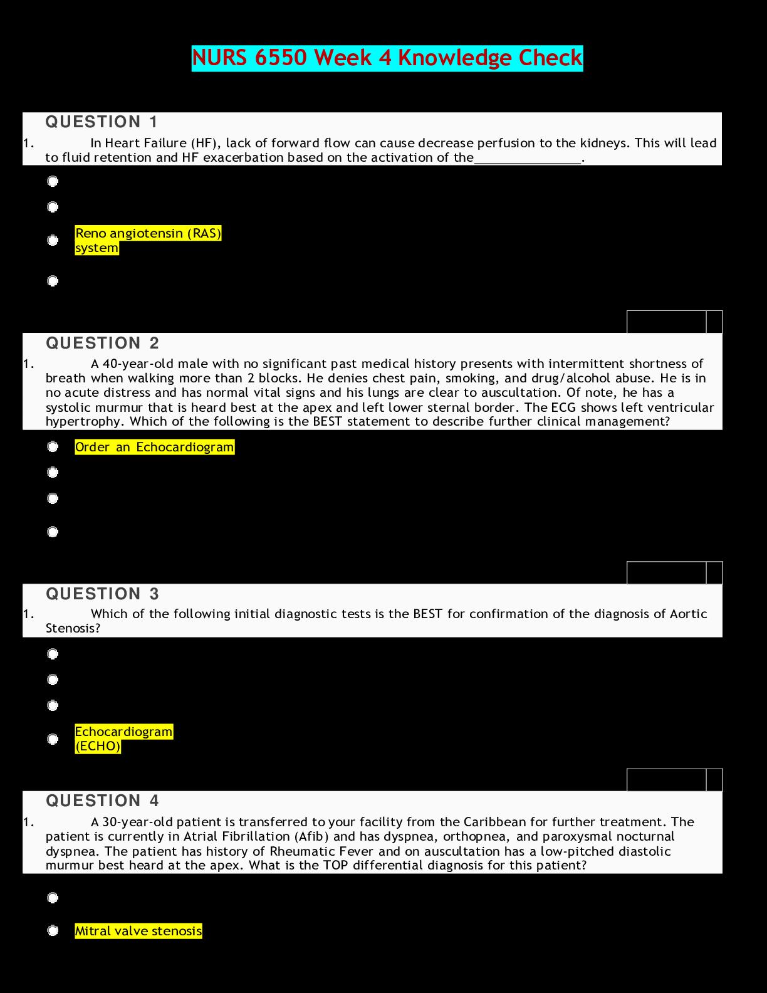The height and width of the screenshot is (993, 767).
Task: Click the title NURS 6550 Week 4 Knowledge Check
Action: coord(387,58)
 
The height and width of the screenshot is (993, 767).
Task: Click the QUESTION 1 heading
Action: coord(102,122)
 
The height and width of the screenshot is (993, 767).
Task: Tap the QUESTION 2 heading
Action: coord(102,343)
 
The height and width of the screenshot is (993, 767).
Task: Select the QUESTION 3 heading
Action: coord(102,594)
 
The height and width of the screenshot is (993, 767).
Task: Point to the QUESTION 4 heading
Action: coord(102,801)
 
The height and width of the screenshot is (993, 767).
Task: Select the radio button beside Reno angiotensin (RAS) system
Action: coord(53,240)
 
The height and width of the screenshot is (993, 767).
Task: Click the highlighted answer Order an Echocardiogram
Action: coord(154,447)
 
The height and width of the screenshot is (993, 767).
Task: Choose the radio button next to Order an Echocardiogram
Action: coord(53,446)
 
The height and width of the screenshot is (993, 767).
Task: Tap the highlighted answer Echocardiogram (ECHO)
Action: coord(123,738)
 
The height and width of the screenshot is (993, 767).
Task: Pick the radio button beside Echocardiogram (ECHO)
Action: coord(53,739)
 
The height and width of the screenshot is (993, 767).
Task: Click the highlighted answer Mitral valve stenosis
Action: coord(138,931)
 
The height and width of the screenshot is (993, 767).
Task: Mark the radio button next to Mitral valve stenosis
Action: coord(53,931)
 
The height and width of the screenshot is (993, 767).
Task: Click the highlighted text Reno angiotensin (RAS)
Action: coord(148,233)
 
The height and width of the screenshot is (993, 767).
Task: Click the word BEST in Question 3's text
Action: coord(427,614)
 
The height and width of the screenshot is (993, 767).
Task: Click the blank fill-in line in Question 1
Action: coord(528,158)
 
